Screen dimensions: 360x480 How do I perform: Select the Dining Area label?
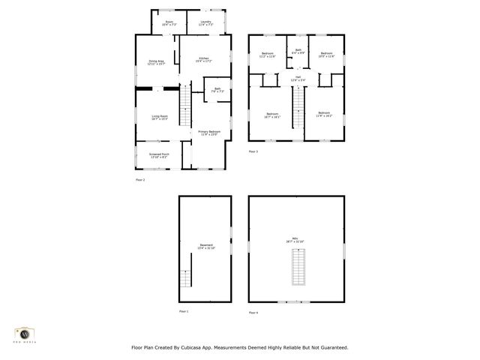coord(156,62)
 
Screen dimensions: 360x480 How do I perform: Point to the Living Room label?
coord(160,118)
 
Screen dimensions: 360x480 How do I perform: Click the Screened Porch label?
coord(159,155)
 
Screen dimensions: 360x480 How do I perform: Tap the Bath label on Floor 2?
coord(217,91)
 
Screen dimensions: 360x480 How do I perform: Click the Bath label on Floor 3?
coord(298,51)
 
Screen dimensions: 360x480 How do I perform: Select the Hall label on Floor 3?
coord(298,78)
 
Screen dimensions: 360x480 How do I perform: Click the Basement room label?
coord(205,246)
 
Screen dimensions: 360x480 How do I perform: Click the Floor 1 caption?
coord(184,310)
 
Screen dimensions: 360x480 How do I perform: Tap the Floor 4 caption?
coord(253,311)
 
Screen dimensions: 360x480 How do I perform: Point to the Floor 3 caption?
coord(253,152)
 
